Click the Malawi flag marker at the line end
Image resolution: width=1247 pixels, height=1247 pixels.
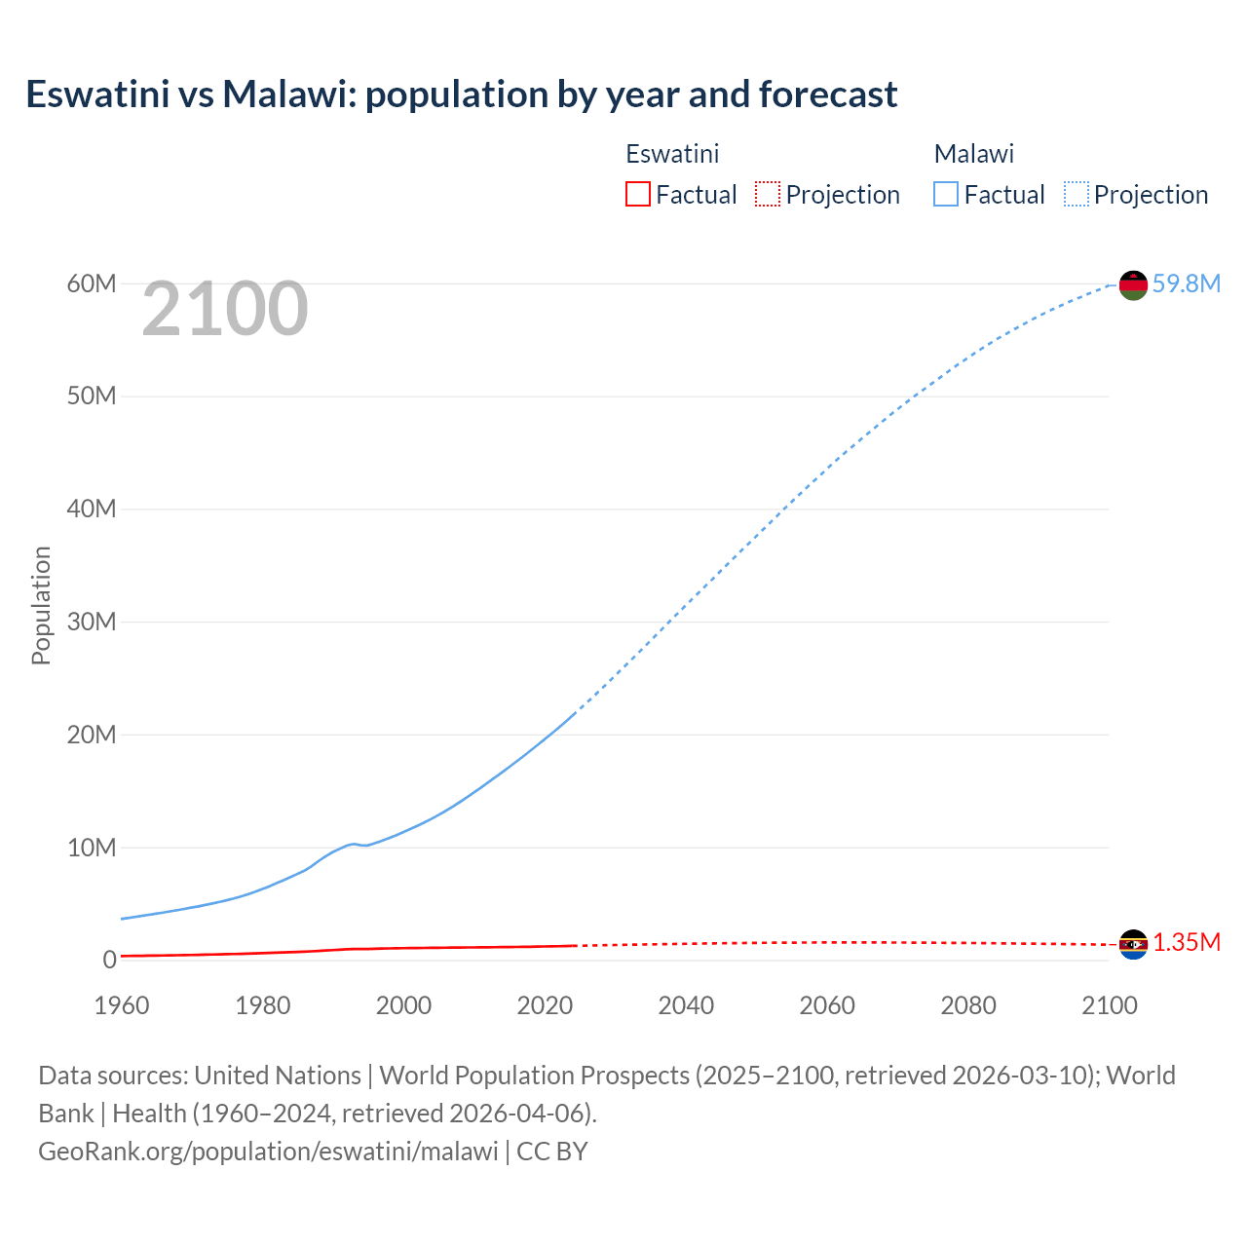click(1133, 284)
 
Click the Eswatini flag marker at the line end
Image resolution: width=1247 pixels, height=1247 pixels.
click(1133, 943)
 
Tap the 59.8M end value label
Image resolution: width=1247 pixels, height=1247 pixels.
click(1186, 283)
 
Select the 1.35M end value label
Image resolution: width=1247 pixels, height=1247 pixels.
click(1186, 942)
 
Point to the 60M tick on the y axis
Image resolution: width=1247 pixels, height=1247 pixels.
click(92, 283)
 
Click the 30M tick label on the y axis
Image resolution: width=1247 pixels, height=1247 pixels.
click(92, 622)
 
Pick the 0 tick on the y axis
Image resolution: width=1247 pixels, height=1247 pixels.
click(109, 960)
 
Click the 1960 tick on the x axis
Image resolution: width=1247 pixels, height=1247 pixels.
click(122, 1005)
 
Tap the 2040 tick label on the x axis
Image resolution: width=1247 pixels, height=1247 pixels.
click(686, 1005)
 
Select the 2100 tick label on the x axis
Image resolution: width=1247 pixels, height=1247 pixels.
click(1109, 1005)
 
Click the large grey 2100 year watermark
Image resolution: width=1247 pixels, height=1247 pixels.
click(225, 309)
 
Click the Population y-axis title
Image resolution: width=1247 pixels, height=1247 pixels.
click(41, 605)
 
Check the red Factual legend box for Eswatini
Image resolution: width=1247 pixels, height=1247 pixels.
click(637, 194)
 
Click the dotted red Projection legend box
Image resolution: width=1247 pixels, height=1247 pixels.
click(768, 194)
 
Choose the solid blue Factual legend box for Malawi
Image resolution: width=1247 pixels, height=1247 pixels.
click(946, 194)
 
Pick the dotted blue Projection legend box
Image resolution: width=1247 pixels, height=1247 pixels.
click(1076, 194)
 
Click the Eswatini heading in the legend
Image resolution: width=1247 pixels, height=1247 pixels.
click(672, 154)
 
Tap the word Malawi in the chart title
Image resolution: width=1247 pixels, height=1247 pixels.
click(283, 94)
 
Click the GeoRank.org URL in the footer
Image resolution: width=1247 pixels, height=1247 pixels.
click(268, 1151)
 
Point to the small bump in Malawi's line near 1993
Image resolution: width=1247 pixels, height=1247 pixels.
click(353, 844)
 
